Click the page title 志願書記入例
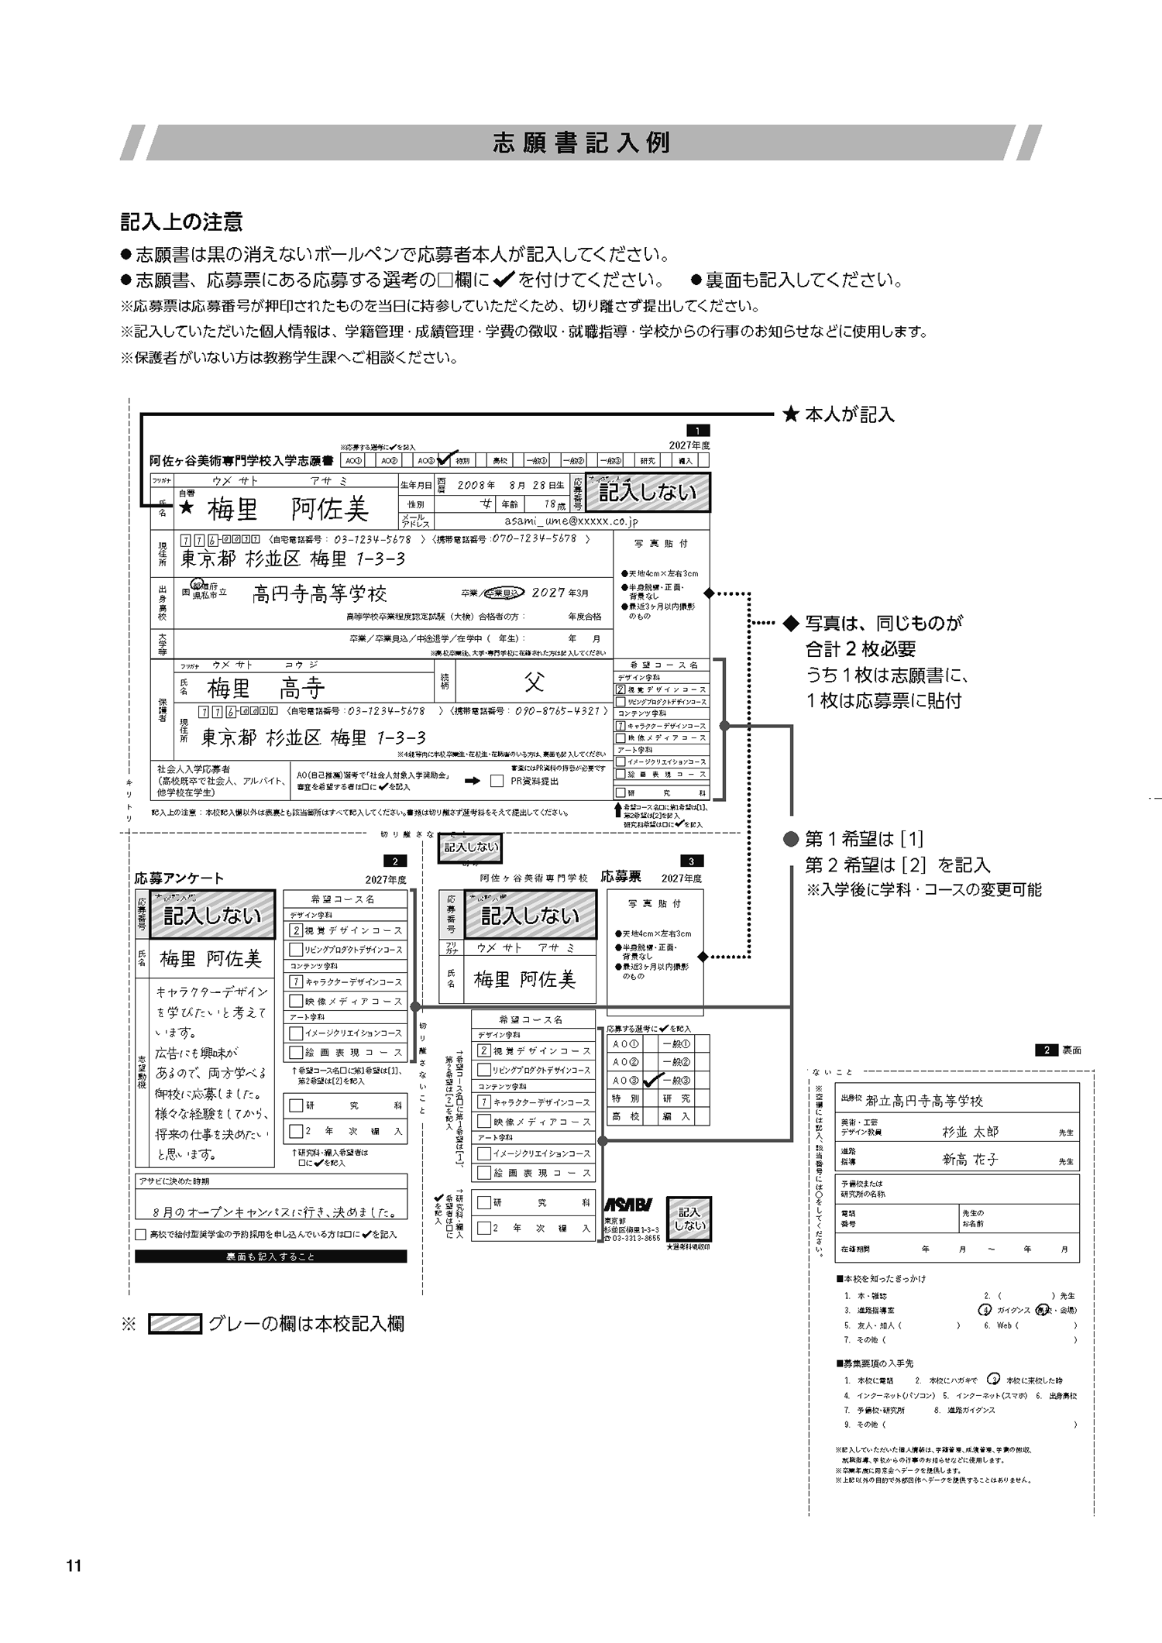[581, 143]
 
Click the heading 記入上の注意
[182, 222]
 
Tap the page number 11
[74, 1566]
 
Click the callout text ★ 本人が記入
[839, 414]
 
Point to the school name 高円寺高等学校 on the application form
[319, 594]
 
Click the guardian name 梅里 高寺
[266, 688]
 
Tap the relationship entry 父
[535, 682]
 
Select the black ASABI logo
[627, 1204]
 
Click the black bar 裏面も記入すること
[270, 1256]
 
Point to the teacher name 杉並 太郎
[970, 1132]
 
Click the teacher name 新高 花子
[970, 1160]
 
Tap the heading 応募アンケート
[179, 878]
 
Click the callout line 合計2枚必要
[861, 649]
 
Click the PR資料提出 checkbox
[497, 781]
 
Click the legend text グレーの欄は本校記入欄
[306, 1324]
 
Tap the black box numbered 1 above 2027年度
[698, 431]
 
